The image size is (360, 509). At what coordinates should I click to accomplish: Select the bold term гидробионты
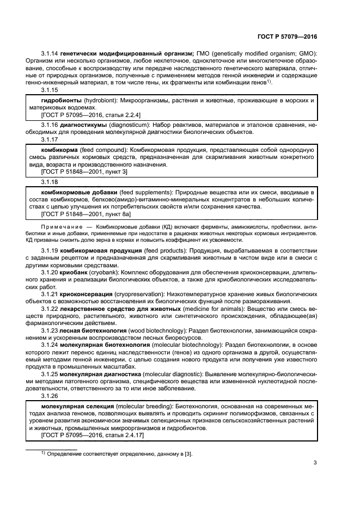tap(59, 101)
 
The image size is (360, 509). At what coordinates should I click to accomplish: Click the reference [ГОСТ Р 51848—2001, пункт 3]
tap(84, 171)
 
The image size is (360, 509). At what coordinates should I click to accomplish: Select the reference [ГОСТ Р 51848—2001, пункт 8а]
tap(86, 215)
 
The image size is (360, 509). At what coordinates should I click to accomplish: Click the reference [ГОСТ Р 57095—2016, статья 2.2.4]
tap(91, 115)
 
